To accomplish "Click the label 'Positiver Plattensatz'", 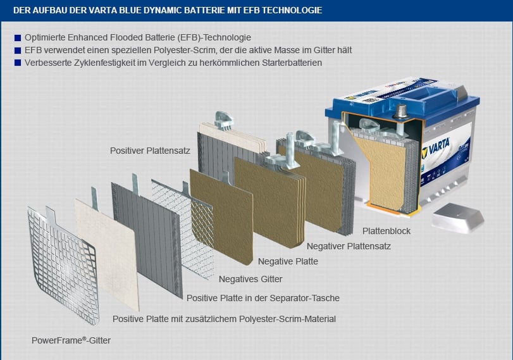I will coord(149,151).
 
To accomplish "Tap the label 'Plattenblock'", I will coord(386,231).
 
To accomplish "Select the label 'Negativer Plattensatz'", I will coord(349,246).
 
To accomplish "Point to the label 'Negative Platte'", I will coord(288,261).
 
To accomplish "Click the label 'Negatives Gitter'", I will coord(250,279).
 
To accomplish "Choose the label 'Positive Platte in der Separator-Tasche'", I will coord(263,298).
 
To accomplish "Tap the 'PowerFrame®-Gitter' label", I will coord(71,340).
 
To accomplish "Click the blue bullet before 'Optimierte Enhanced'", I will coord(17,38).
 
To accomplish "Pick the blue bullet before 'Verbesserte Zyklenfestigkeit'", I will coord(17,63).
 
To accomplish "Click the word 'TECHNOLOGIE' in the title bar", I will coord(290,11).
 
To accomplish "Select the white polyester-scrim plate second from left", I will coord(108,240).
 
